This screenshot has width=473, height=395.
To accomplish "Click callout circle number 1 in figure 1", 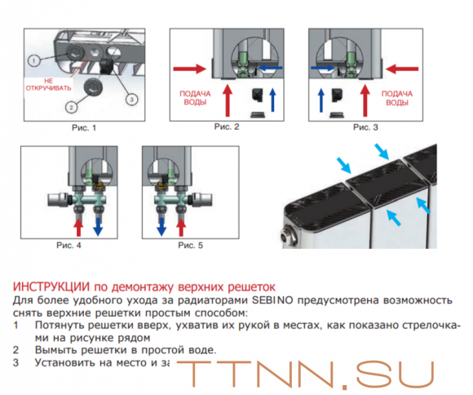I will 33,60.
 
